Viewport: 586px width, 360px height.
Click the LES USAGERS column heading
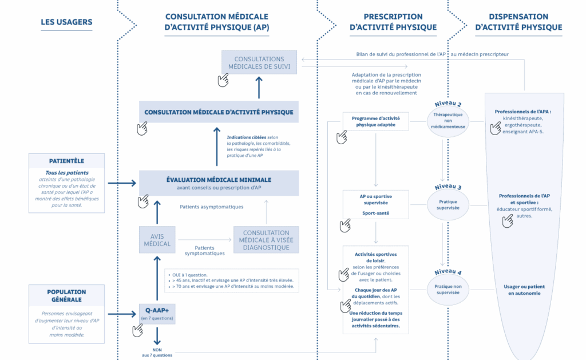66,22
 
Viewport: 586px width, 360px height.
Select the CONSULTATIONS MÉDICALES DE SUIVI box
259,62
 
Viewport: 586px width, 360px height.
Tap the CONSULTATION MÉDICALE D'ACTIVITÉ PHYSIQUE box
219,112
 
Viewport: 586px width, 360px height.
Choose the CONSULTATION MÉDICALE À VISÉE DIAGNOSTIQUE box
266,240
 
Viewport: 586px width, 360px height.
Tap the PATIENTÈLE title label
66,161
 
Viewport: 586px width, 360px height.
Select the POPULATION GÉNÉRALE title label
66,295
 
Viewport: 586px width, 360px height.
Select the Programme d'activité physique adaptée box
375,120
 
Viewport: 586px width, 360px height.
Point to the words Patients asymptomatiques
212,207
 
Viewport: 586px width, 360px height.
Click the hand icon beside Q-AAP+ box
137,330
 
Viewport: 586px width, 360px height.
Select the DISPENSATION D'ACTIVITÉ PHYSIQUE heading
518,22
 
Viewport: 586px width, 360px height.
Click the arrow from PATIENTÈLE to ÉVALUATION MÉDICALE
121,183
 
